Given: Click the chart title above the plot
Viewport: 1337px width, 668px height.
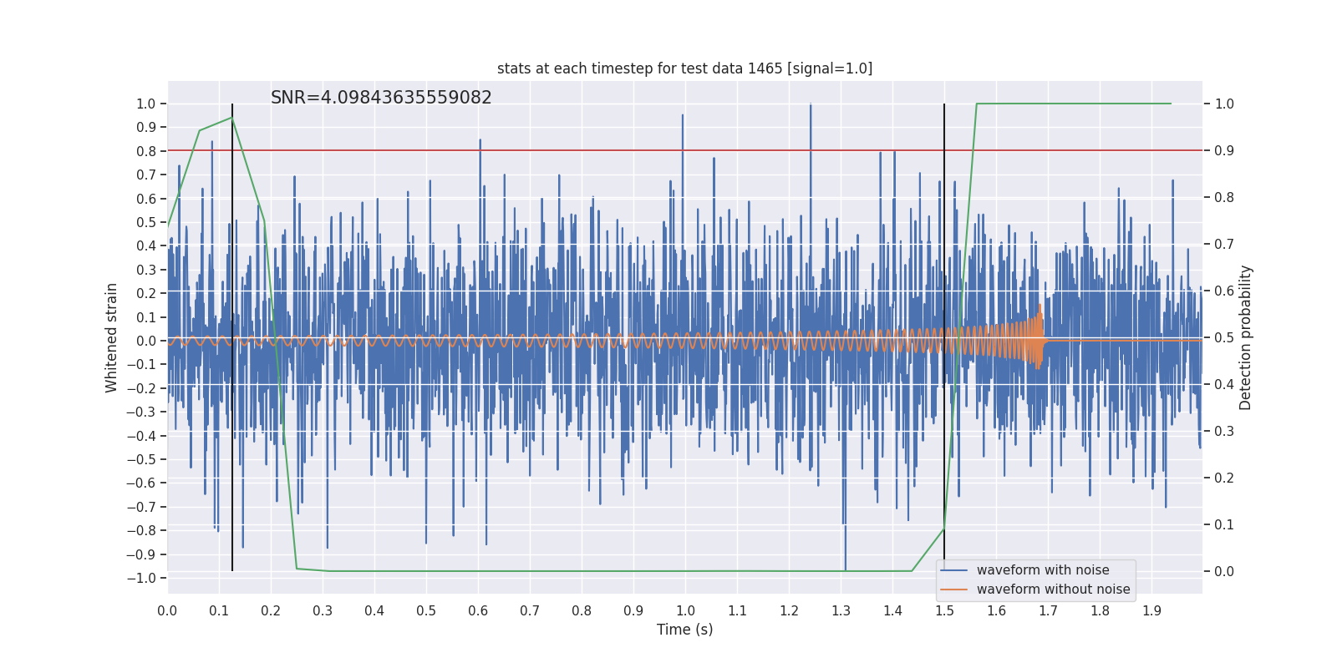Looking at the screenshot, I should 684,68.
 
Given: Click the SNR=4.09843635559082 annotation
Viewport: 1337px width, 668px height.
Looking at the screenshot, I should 381,98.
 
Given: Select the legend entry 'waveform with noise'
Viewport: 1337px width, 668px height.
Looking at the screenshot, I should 1043,570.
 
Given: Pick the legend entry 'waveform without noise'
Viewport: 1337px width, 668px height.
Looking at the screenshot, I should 1053,590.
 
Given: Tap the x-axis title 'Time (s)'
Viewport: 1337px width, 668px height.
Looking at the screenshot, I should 684,630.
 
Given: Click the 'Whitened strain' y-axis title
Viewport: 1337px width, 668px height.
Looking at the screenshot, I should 112,337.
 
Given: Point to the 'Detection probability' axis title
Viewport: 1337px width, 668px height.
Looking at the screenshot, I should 1246,337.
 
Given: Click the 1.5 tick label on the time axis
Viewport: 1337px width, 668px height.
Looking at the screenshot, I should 944,611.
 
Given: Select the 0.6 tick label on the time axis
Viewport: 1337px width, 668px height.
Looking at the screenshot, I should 478,611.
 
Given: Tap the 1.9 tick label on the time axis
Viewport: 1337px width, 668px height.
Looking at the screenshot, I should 1151,611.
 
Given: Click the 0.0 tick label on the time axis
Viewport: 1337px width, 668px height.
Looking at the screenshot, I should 167,611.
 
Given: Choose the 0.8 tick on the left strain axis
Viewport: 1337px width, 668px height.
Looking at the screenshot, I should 146,151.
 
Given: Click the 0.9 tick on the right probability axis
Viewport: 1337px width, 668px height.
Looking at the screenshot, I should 1224,150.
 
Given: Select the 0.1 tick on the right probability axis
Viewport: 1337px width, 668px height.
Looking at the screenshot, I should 1224,524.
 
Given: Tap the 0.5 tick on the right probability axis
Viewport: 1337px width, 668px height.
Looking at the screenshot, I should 1224,337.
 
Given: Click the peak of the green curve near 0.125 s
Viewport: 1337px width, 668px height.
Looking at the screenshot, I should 232,118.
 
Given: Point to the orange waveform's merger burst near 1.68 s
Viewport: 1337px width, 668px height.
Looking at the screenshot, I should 1038,338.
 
